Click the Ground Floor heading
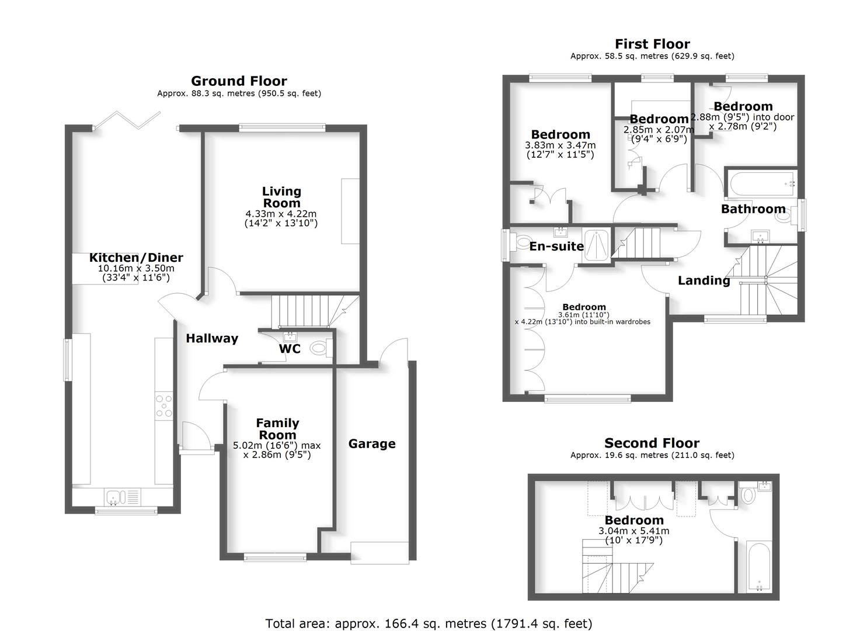(239, 81)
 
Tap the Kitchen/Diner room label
(136, 258)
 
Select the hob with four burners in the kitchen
(164, 406)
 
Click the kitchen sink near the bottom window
(115, 498)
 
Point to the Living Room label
(281, 197)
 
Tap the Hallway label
(212, 338)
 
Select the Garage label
(372, 444)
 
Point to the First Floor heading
(652, 44)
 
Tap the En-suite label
(556, 247)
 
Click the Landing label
(704, 281)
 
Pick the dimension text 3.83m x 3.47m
(560, 145)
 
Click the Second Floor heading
(652, 443)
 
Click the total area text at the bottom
(429, 623)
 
